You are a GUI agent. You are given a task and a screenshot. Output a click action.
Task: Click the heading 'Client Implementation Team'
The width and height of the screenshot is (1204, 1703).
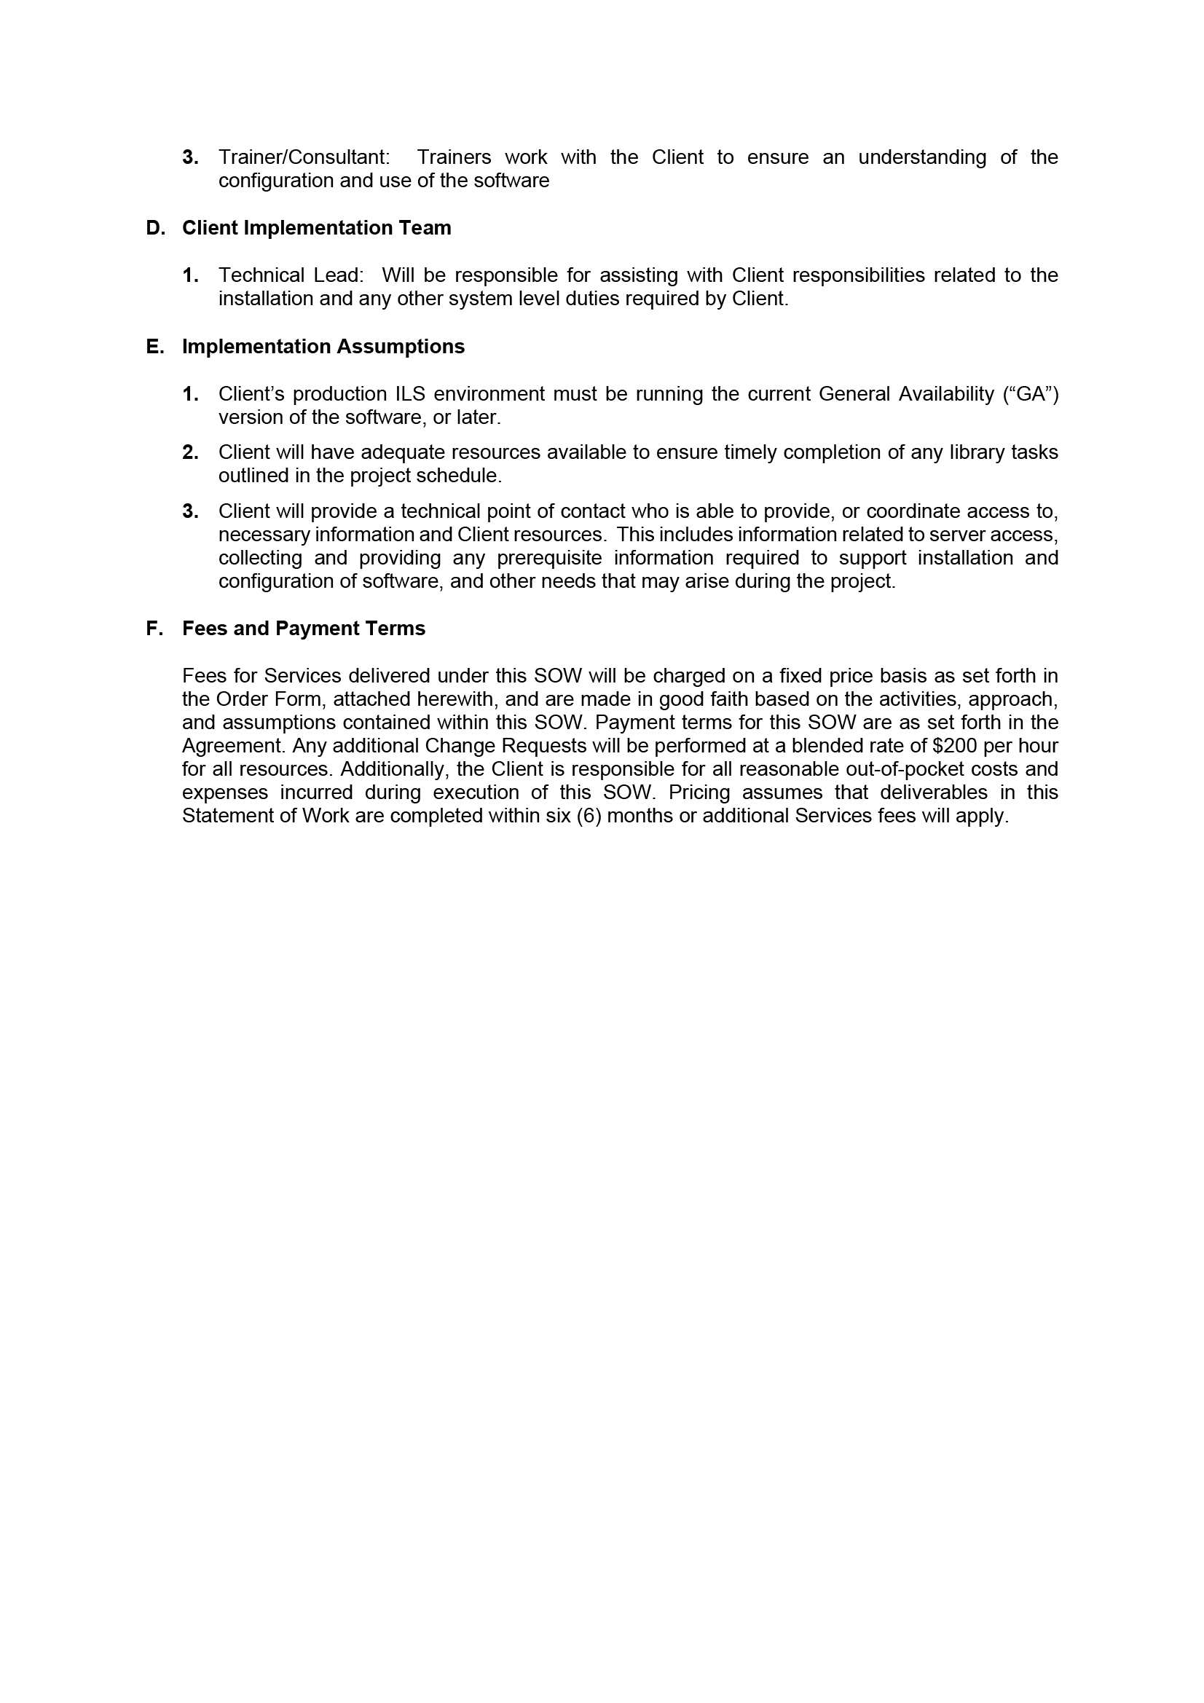[316, 228]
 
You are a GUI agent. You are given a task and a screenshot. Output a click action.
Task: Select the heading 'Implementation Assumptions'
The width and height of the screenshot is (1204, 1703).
[323, 347]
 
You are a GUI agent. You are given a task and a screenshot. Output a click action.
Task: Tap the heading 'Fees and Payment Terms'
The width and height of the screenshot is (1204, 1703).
[304, 628]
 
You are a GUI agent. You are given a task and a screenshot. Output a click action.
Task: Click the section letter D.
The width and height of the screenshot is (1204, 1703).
[155, 228]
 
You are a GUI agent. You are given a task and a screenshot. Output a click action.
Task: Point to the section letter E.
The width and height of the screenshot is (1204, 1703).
[154, 347]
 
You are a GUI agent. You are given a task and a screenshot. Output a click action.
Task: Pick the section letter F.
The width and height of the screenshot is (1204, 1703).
[154, 628]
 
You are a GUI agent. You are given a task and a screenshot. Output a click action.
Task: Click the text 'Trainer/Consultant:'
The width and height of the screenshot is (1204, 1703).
[304, 157]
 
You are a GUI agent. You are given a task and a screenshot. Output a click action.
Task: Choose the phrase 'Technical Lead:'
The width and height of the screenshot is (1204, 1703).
[291, 275]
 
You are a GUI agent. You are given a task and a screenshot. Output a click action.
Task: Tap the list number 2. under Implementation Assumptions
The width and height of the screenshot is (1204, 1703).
[190, 452]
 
